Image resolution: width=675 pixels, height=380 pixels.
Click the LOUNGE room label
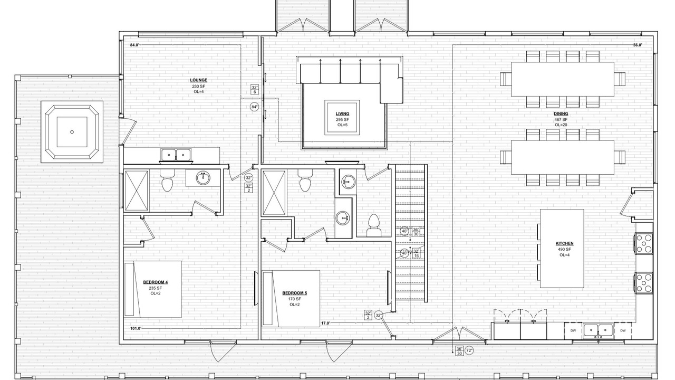tap(199, 80)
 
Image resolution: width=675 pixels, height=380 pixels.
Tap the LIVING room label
tap(342, 113)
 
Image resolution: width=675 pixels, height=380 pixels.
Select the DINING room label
tap(561, 113)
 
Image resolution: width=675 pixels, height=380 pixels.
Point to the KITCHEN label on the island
tap(564, 243)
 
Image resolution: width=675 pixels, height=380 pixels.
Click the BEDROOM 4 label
tap(155, 282)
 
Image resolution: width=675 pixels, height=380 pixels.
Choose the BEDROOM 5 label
tap(294, 293)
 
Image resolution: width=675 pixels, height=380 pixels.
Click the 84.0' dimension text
tap(134, 45)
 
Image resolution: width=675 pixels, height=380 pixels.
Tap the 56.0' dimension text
tap(638, 45)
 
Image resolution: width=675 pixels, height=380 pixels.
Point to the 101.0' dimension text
tap(136, 328)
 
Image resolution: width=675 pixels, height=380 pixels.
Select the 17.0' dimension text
tap(325, 324)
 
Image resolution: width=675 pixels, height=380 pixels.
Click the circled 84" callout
tap(254, 107)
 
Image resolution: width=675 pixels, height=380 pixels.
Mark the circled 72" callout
tap(469, 350)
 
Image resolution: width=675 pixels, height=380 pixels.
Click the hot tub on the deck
tap(72, 132)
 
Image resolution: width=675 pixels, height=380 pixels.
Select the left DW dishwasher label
tap(573, 330)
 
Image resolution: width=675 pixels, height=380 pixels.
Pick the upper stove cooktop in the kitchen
tap(643, 243)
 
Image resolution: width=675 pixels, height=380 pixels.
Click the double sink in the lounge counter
tap(176, 155)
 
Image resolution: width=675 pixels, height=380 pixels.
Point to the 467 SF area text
tap(561, 119)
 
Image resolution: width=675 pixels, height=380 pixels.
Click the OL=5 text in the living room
tap(342, 125)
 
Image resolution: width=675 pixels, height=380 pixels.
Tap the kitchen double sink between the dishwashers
tap(598, 330)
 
